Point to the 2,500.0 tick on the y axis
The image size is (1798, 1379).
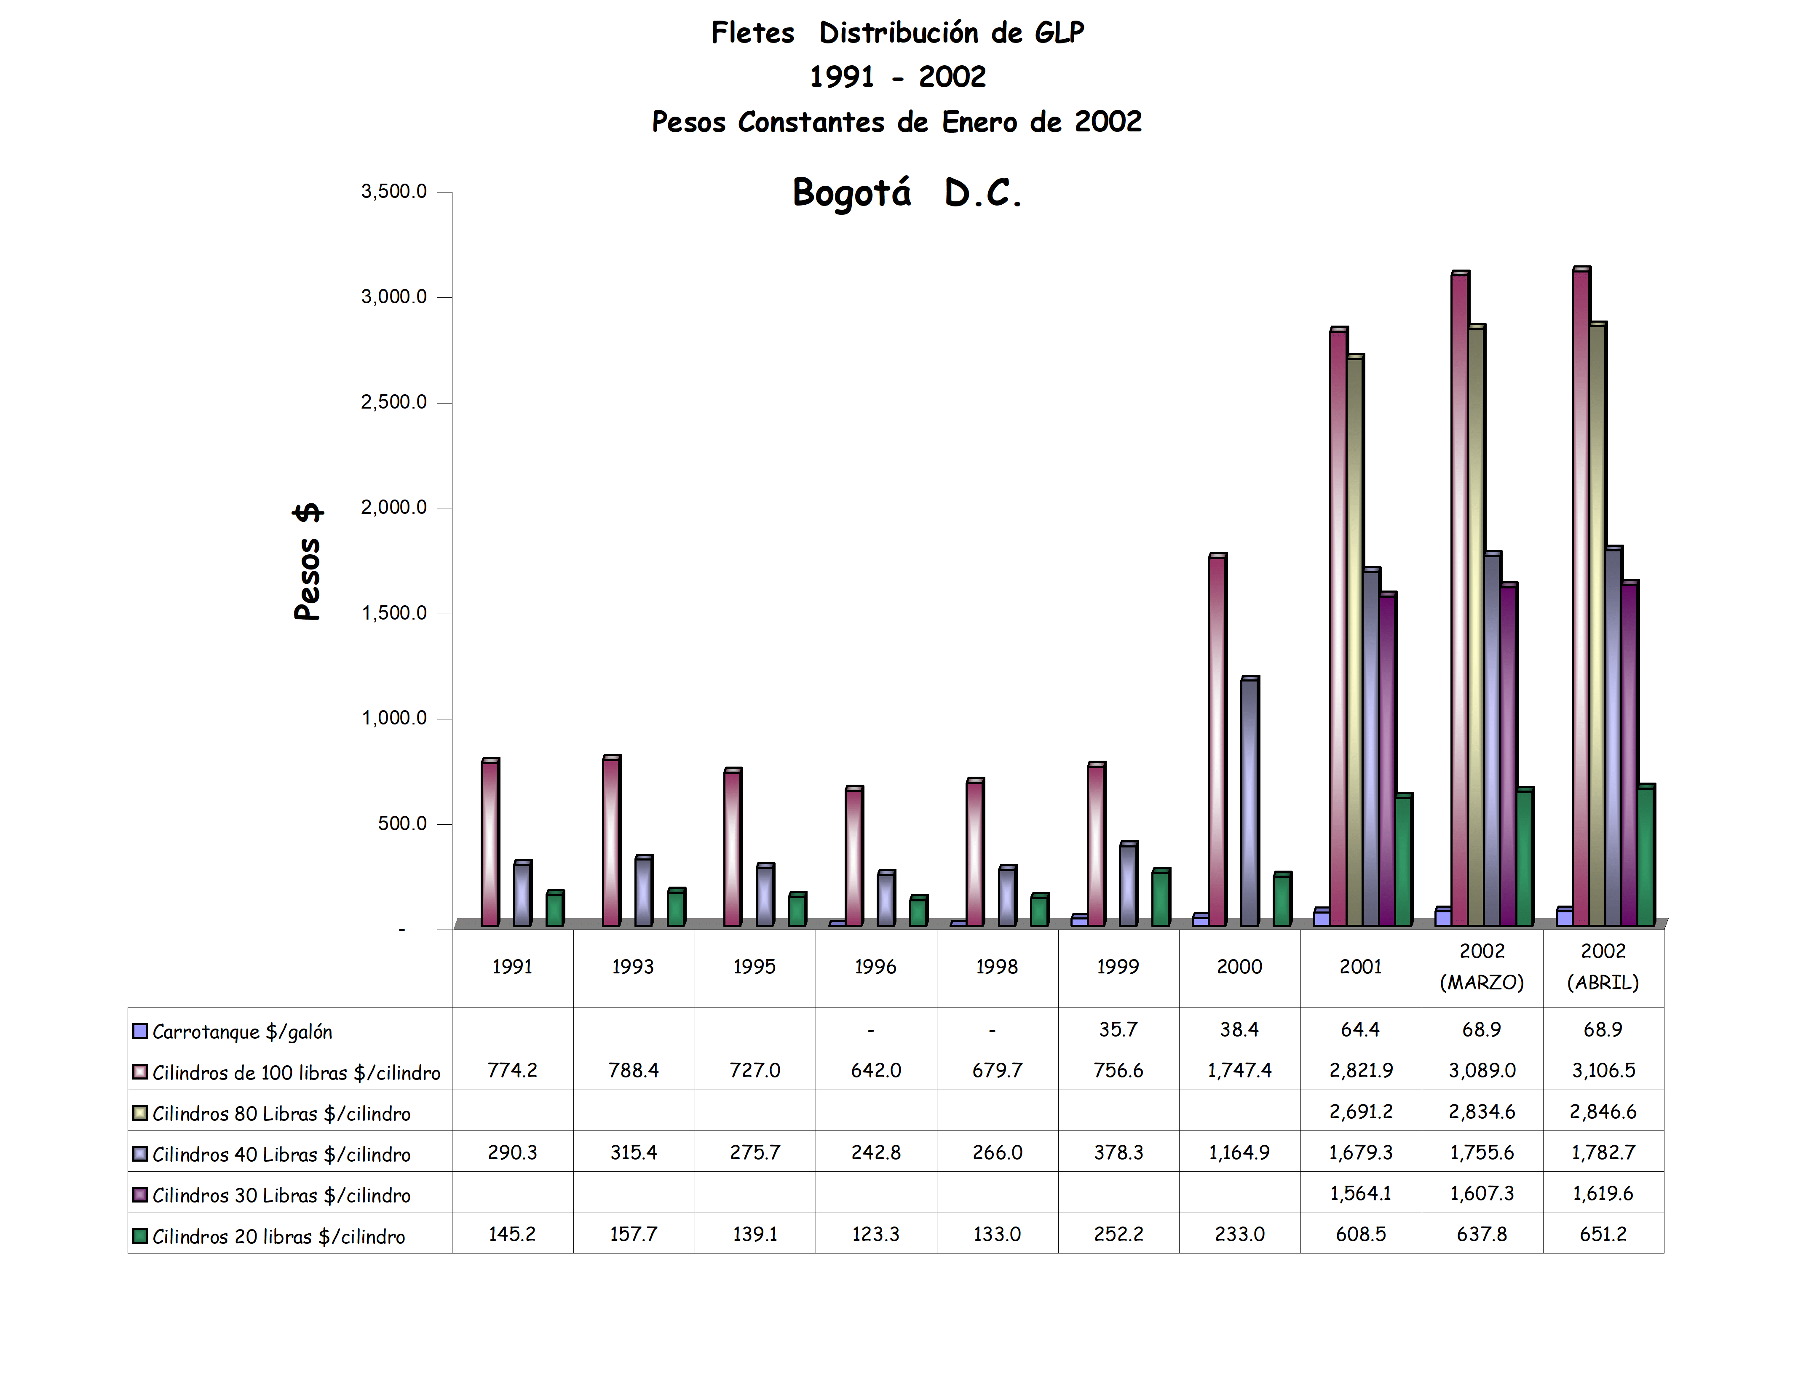point(393,402)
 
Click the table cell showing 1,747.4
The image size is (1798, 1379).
point(1239,1070)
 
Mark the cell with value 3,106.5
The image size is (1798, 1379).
point(1603,1070)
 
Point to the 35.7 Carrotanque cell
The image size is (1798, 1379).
point(1118,1029)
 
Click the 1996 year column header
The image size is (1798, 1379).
point(875,967)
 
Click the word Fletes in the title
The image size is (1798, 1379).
point(752,33)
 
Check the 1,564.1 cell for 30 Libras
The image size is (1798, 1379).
point(1360,1194)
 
